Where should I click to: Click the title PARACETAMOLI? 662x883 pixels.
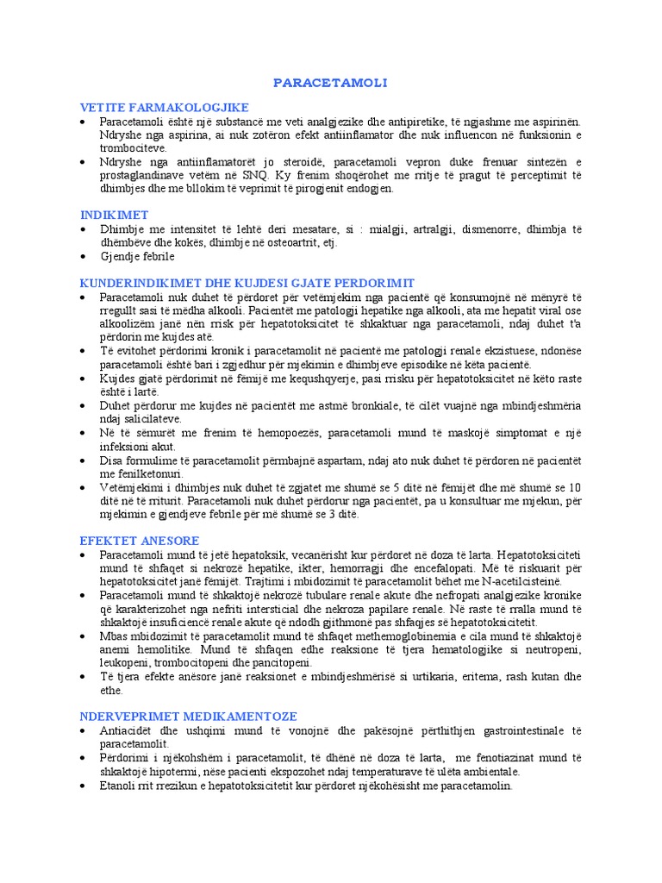pos(331,83)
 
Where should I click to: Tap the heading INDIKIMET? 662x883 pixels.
pos(115,214)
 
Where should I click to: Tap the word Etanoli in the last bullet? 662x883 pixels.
pos(118,786)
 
